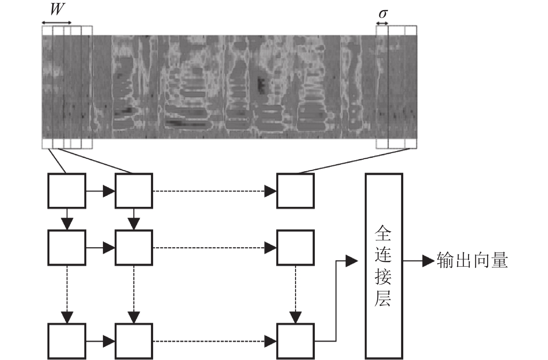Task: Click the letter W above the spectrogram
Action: (57, 9)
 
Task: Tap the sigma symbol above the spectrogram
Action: (383, 14)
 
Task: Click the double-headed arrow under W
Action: (56, 23)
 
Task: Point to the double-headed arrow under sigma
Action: (382, 23)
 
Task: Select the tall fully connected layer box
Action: (384, 266)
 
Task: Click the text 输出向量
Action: (472, 260)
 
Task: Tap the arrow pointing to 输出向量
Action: (419, 261)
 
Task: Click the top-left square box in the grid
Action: (67, 191)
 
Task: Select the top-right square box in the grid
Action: (295, 191)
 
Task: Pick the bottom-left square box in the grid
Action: (67, 341)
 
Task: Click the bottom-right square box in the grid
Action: (295, 341)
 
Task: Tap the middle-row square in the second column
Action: (134, 248)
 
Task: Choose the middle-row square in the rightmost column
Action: (295, 248)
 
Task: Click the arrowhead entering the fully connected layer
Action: (351, 261)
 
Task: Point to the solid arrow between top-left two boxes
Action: (100, 191)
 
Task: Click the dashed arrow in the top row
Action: (215, 191)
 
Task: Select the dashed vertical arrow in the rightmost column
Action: (295, 295)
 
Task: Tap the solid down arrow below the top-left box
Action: (67, 219)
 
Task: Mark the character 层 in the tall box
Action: (383, 299)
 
